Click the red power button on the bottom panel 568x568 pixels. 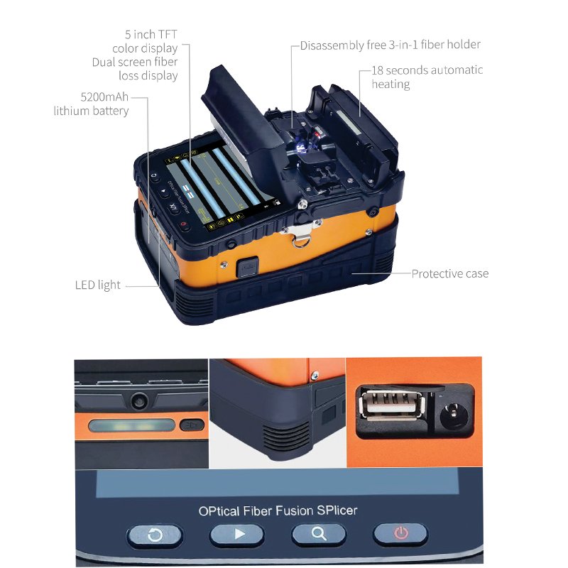click(x=400, y=534)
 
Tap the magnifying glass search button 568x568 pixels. click(x=319, y=534)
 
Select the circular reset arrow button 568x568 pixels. click(x=155, y=535)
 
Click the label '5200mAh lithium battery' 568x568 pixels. click(x=91, y=104)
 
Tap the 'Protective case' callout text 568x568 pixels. click(x=450, y=273)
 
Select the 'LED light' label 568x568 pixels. click(x=97, y=285)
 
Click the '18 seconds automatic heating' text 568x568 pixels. click(x=427, y=77)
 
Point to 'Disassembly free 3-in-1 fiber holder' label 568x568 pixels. click(x=390, y=45)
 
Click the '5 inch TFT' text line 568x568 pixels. click(x=151, y=34)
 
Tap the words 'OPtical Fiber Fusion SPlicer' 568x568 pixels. click(x=278, y=510)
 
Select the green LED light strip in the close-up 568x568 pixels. click(x=132, y=425)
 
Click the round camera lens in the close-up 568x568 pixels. click(x=138, y=400)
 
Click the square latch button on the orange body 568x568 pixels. click(x=247, y=267)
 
